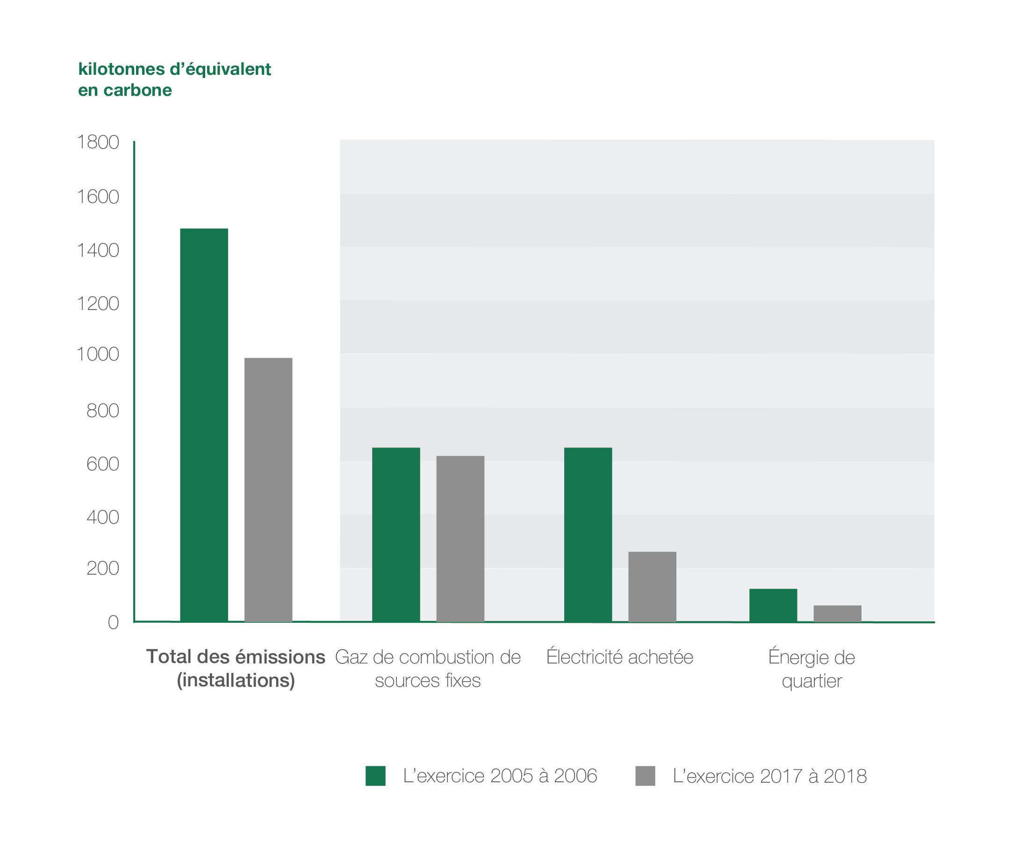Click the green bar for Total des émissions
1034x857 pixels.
click(204, 425)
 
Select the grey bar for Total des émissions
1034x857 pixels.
click(268, 490)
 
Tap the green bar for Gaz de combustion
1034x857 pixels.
click(396, 534)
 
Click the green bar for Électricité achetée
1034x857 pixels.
click(588, 534)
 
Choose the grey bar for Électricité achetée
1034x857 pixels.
click(652, 587)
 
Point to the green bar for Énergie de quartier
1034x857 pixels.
click(773, 605)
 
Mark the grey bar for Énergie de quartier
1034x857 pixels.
click(837, 613)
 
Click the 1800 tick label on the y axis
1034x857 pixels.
click(98, 142)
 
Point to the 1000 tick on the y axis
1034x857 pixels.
click(98, 354)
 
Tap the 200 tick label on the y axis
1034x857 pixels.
click(102, 568)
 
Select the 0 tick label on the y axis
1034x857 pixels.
click(113, 622)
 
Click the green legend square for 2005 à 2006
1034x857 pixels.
click(375, 776)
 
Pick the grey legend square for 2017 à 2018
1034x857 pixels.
click(645, 776)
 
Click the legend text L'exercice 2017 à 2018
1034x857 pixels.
click(769, 776)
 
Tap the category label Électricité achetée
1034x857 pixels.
click(619, 657)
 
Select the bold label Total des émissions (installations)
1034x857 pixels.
click(236, 669)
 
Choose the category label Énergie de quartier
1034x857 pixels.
click(811, 669)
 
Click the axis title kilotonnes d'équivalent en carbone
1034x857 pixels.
click(174, 79)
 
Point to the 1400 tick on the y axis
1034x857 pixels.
click(98, 250)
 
